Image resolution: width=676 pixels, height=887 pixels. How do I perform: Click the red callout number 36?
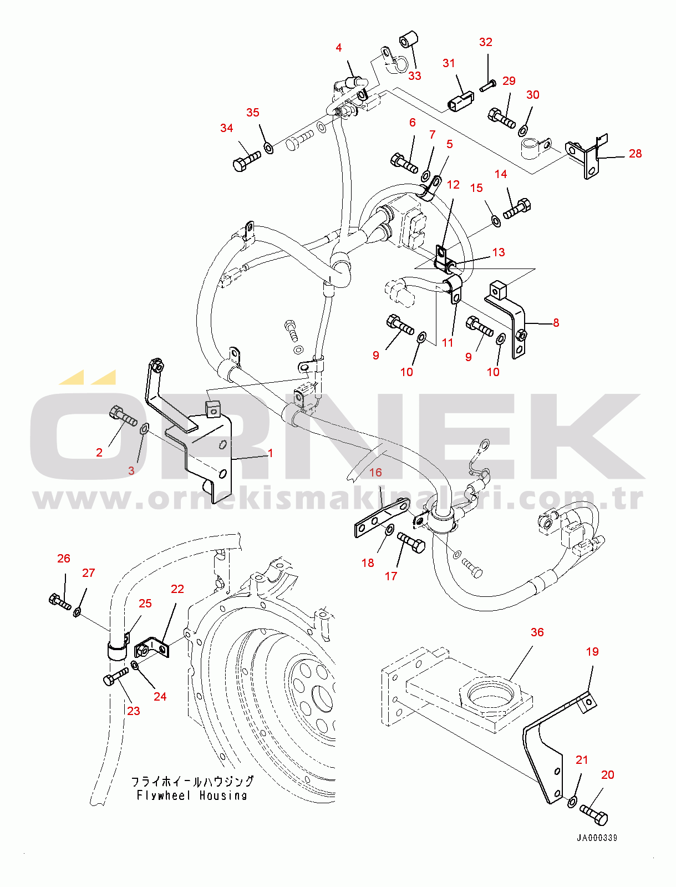pos(537,632)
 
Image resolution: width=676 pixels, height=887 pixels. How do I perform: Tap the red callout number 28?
pos(635,154)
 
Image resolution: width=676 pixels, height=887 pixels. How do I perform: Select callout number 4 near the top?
pos(338,48)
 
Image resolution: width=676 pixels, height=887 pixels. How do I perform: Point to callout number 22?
pos(177,589)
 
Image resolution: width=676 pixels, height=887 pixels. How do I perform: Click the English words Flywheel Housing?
pos(192,795)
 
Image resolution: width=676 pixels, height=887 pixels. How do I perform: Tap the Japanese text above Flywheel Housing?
pos(192,782)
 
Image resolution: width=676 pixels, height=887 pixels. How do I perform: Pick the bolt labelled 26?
pos(60,602)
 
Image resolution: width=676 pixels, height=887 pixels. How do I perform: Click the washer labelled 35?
pos(268,148)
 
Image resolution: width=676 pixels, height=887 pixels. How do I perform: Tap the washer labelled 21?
pos(572,802)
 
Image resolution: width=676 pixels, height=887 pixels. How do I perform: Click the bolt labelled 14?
pos(517,209)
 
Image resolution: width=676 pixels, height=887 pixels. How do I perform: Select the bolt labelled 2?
pos(123,417)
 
